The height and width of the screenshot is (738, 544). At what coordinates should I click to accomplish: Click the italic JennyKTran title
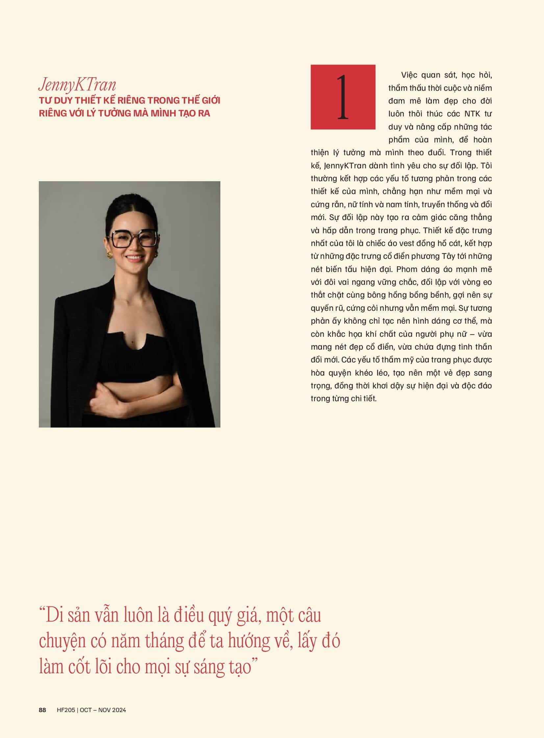pyautogui.click(x=77, y=85)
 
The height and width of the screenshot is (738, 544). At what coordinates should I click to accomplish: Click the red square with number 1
pyautogui.click(x=343, y=97)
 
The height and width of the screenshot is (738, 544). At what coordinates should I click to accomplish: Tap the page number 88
pyautogui.click(x=42, y=710)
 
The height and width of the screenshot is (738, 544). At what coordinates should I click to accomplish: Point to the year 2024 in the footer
pyautogui.click(x=119, y=710)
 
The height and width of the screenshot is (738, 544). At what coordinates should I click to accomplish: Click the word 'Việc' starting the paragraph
pyautogui.click(x=409, y=75)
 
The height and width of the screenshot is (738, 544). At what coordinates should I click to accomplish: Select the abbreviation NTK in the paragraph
pyautogui.click(x=473, y=114)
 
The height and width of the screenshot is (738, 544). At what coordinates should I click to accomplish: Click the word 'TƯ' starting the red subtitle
pyautogui.click(x=43, y=100)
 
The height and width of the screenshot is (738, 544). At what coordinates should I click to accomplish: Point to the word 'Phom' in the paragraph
pyautogui.click(x=406, y=269)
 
